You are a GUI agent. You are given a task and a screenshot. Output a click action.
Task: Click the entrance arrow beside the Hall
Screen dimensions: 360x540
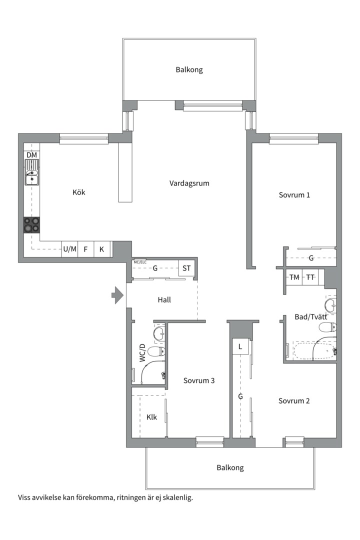[117, 295]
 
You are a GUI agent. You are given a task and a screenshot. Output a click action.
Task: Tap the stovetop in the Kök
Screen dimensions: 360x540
[31, 224]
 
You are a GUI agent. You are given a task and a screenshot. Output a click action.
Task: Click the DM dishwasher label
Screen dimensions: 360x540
[31, 155]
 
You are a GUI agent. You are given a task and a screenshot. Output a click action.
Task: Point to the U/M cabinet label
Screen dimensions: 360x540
[69, 248]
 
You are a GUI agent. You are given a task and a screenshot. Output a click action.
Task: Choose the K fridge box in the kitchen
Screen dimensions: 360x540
[102, 248]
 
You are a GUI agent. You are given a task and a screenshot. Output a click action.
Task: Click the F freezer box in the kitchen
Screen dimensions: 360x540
[86, 248]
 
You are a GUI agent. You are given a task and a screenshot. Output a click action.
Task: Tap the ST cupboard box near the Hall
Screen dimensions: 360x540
[186, 268]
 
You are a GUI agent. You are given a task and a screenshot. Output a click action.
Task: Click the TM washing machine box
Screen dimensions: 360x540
[294, 277]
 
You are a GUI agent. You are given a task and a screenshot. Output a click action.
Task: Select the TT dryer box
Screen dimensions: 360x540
[310, 277]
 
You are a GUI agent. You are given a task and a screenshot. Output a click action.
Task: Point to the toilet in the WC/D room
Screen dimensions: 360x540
[156, 351]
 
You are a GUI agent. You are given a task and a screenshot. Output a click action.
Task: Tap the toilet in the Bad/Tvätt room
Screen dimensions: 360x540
[327, 327]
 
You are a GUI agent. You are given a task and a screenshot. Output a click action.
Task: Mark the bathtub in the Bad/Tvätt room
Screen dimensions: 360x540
[314, 350]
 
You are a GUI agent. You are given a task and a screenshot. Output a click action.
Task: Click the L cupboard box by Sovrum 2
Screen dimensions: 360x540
[240, 346]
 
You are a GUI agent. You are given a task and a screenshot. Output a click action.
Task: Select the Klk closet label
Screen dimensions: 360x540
[151, 417]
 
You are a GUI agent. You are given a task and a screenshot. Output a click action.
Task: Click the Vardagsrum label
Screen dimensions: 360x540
[189, 183]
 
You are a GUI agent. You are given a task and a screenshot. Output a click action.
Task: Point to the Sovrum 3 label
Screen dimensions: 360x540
[199, 380]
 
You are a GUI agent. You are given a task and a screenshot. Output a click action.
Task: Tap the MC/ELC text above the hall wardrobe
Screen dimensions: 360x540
[140, 262]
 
